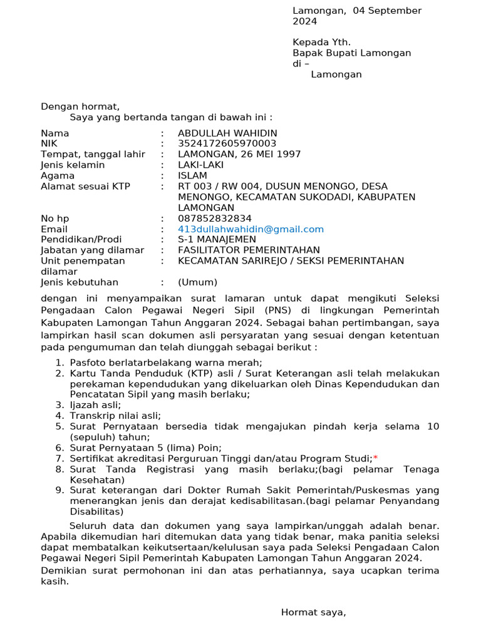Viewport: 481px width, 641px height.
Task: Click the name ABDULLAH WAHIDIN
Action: click(x=227, y=133)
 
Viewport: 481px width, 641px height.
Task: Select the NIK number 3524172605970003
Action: click(x=227, y=144)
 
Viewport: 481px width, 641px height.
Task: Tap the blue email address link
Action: click(x=251, y=229)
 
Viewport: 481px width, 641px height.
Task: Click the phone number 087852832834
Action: click(x=215, y=218)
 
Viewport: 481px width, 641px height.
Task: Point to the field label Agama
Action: click(x=58, y=176)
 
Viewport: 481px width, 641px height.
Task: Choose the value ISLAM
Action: click(x=192, y=176)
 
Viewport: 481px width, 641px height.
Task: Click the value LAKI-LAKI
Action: click(x=200, y=165)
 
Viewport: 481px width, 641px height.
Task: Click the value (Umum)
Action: click(x=197, y=282)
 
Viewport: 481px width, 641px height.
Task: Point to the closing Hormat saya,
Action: click(x=313, y=612)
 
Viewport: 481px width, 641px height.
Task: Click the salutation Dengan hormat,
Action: click(x=80, y=106)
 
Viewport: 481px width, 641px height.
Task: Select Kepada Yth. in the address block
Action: click(x=321, y=43)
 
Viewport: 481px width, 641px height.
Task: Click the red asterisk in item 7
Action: click(x=375, y=459)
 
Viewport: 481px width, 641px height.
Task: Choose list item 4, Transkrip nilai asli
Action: click(x=115, y=416)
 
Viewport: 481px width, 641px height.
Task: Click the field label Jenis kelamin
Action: click(x=73, y=165)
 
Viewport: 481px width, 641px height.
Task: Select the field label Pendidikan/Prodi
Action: click(x=81, y=240)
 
